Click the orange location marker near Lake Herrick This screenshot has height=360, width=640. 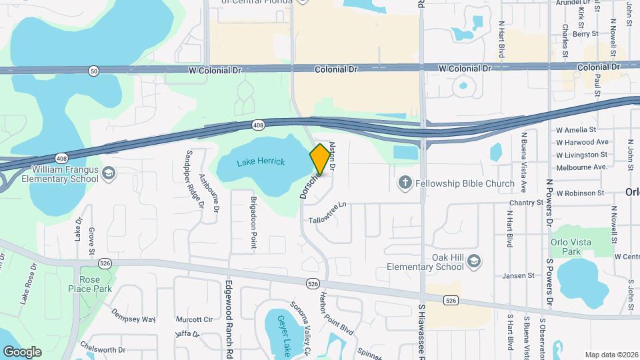(320, 159)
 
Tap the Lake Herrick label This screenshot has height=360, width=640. (260, 162)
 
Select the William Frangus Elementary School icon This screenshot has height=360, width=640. (109, 174)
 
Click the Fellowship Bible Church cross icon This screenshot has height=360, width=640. (404, 183)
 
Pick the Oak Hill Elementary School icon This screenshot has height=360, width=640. (473, 261)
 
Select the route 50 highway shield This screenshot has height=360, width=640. (93, 70)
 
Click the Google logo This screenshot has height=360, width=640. (22, 351)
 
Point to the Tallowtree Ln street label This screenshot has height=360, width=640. (328, 213)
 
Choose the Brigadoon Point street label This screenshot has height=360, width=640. (253, 223)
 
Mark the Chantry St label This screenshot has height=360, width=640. (526, 203)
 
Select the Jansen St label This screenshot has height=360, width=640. (519, 275)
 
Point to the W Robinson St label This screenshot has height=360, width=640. (580, 193)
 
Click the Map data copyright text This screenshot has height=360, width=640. (611, 355)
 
